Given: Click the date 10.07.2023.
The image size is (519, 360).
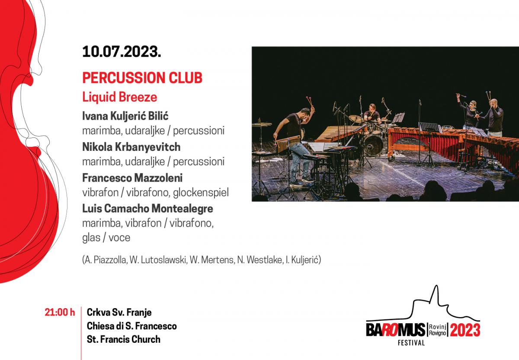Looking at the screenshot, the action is coord(122,51).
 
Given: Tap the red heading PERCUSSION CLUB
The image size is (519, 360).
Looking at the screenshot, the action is coord(142,78).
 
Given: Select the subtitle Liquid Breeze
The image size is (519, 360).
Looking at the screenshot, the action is coord(119,97).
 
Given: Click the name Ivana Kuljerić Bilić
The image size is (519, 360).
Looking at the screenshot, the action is coord(125,116).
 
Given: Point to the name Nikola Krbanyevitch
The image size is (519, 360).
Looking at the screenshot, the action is coord(131,147).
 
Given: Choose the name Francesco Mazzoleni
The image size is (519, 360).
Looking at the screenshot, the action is coord(132,178).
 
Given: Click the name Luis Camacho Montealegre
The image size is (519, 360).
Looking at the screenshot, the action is coord(147,209).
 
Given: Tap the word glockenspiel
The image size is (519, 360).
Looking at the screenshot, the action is coord(201,193).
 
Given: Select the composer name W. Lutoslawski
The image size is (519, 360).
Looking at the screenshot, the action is coord(158,260).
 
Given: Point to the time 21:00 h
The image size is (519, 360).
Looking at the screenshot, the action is coord(60,312).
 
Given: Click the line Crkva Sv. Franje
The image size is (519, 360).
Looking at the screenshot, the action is coord(119,312).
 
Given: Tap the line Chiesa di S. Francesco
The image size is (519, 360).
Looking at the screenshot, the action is coord(131,326).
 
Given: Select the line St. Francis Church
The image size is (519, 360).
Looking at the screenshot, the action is coord(124,339).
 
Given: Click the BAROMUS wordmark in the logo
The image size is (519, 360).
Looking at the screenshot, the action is coord(396,330).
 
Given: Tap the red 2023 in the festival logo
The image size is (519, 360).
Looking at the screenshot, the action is coord(465,330).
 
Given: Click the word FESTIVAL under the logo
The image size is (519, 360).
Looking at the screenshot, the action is coord(411,343).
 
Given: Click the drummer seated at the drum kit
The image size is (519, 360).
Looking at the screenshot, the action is coord(372,114).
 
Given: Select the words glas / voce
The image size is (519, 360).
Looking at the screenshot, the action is coord(106,238).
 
